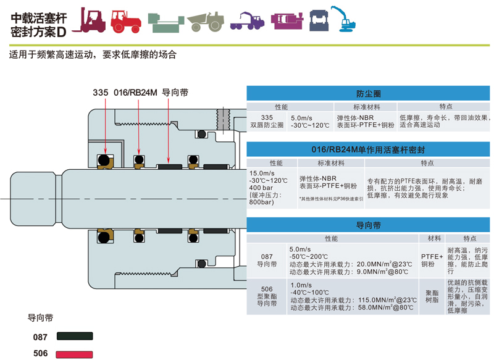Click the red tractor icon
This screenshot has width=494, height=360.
tap(127, 20)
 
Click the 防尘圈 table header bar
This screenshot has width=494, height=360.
tap(369, 93)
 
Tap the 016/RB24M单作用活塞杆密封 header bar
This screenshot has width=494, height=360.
tap(369, 149)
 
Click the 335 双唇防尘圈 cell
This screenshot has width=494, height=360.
tap(267, 121)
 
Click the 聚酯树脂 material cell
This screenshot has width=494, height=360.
tap(430, 296)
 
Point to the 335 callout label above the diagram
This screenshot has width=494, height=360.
tap(101, 93)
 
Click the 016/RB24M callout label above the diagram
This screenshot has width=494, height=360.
tap(136, 93)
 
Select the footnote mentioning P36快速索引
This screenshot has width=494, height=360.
tap(331, 199)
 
